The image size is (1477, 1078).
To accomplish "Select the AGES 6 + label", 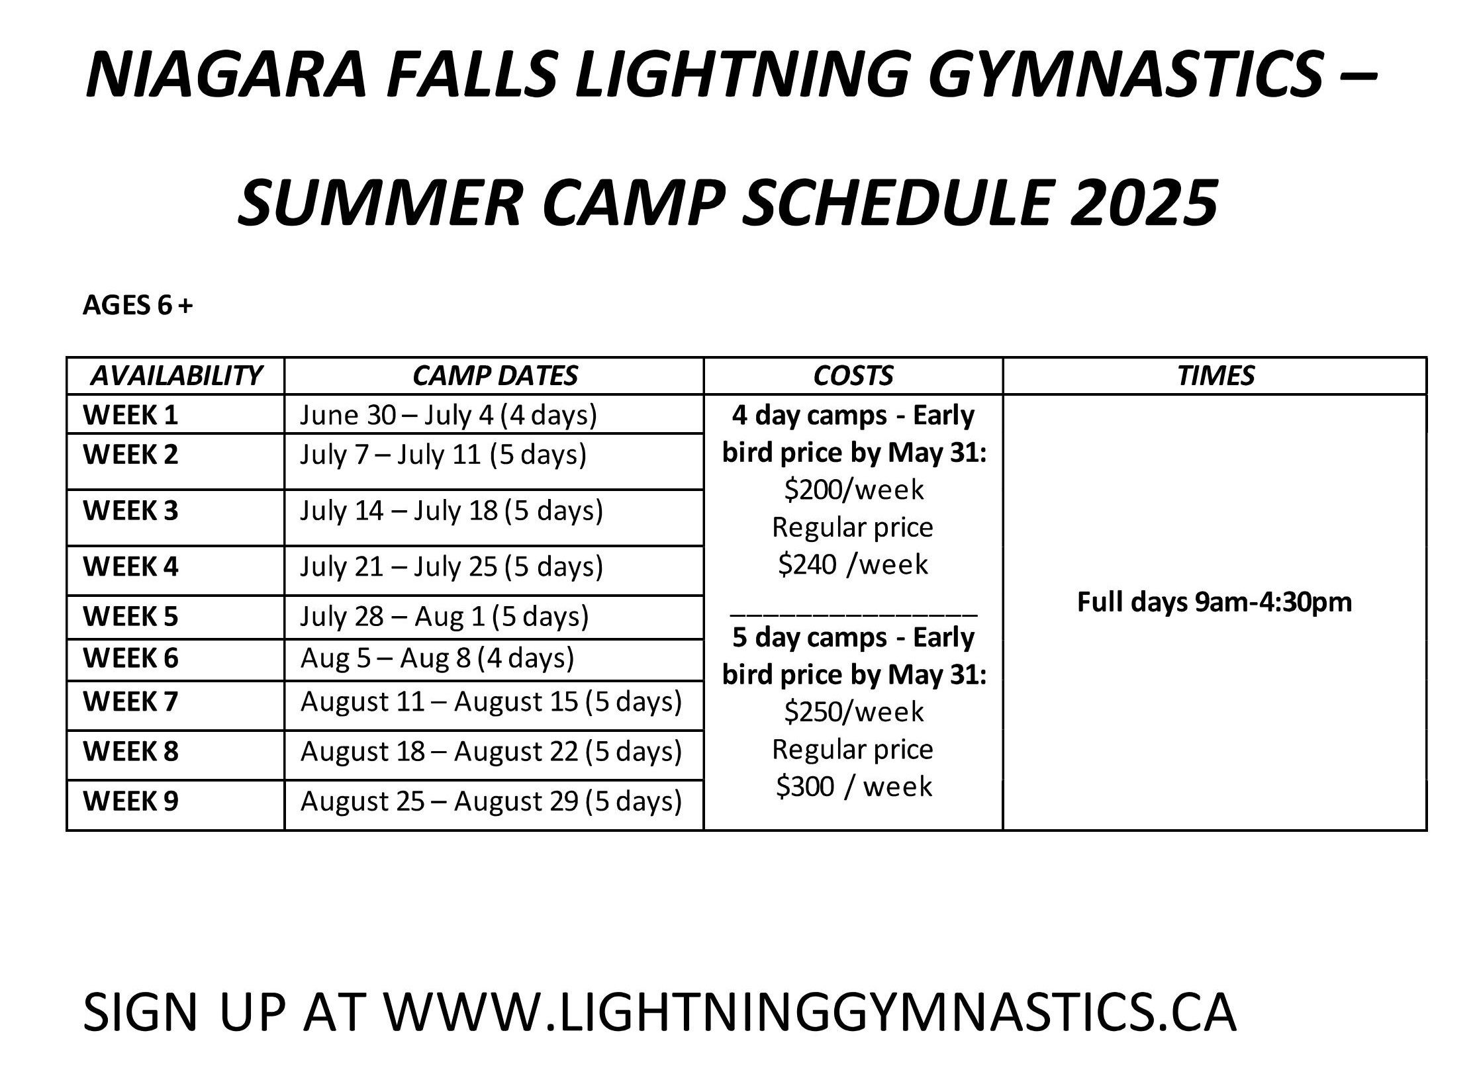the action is tap(138, 305).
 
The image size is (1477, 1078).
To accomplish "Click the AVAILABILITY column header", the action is tap(175, 376).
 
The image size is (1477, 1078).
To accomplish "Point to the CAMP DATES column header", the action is tap(495, 376).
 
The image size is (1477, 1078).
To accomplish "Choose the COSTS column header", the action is tap(853, 376).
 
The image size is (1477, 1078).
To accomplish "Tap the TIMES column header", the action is tap(1215, 376).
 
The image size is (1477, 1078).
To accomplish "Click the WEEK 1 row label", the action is tap(130, 415).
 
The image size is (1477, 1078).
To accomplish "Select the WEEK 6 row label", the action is tap(130, 658).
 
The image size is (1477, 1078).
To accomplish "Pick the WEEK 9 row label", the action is tap(130, 801).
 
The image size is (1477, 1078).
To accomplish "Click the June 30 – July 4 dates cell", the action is tap(448, 416).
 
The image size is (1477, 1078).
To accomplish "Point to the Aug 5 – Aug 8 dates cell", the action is tap(437, 658).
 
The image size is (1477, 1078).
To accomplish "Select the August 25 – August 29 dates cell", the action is tap(491, 801).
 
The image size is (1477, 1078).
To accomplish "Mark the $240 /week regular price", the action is tap(853, 564).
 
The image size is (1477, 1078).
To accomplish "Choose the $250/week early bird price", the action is tap(854, 712).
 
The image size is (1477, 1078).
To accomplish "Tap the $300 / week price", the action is tap(854, 787).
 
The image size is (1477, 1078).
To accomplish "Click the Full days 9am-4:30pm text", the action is tap(1215, 602).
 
